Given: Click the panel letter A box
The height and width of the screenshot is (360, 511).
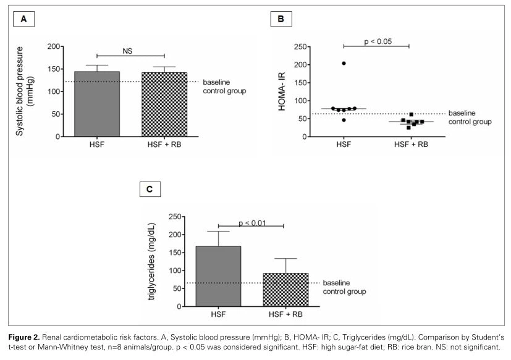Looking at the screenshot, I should click(x=23, y=19).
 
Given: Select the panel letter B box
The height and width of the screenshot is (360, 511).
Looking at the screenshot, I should click(x=281, y=19).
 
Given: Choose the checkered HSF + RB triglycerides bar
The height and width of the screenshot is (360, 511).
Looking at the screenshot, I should click(x=285, y=290).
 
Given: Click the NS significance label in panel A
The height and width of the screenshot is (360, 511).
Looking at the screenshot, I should click(x=127, y=51).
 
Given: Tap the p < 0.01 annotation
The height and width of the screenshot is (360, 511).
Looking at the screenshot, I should click(x=251, y=223).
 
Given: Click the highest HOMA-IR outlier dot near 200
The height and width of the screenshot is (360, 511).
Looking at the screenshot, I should click(x=344, y=64).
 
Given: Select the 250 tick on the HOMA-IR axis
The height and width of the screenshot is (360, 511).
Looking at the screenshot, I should click(x=303, y=47).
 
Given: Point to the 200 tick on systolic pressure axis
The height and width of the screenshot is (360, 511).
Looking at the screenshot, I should click(x=54, y=47).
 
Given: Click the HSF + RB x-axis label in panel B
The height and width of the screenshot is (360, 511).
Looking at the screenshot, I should click(x=410, y=145).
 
